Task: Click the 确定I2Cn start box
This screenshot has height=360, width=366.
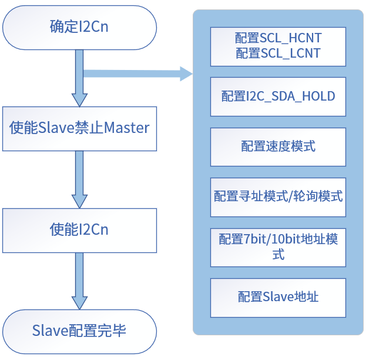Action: click(x=79, y=27)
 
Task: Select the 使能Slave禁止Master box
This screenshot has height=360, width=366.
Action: click(x=79, y=128)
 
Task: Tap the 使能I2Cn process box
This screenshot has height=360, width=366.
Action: click(x=79, y=229)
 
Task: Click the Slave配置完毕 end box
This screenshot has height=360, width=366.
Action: click(x=79, y=331)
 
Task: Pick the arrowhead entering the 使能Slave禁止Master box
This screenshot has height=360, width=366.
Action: click(x=79, y=99)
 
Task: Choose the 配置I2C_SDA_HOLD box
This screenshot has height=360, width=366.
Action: click(x=278, y=96)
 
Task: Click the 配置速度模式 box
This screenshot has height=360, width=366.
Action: click(x=278, y=146)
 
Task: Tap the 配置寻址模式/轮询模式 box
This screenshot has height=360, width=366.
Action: click(x=278, y=196)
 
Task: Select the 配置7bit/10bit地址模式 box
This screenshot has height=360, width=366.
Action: click(x=278, y=246)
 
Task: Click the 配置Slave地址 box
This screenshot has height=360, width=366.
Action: click(x=278, y=296)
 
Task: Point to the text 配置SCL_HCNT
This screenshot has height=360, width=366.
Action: click(x=278, y=39)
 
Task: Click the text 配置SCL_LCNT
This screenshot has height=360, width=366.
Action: click(x=278, y=54)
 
